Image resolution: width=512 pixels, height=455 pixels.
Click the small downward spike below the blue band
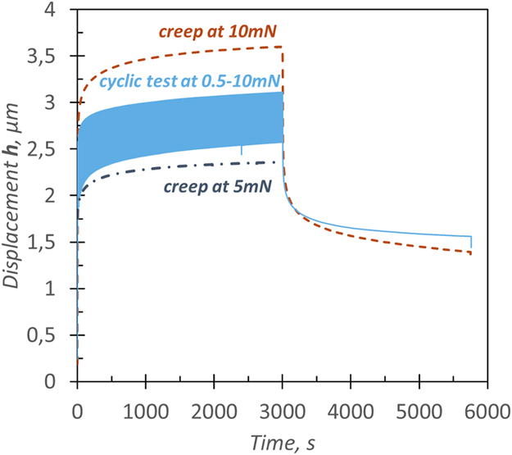(x=241, y=151)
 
